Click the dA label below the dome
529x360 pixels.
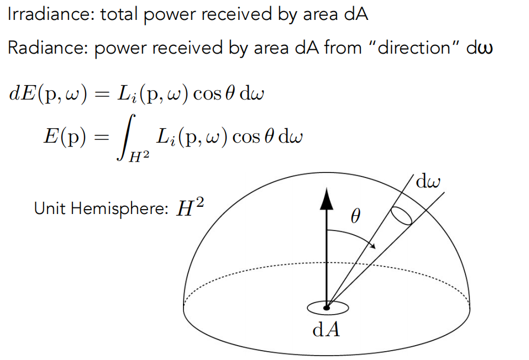pos(326,330)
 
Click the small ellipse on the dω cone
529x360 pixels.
pos(402,216)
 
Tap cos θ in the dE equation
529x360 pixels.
pos(221,93)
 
